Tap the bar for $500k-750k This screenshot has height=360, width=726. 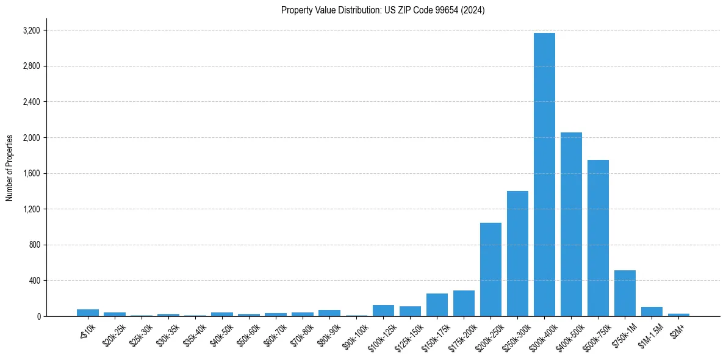point(598,238)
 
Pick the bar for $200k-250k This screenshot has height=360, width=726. point(491,269)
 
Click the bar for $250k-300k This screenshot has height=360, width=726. point(517,253)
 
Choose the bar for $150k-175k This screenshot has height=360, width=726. point(437,304)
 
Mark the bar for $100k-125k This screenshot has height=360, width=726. point(383,311)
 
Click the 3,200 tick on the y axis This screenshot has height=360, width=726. point(31,31)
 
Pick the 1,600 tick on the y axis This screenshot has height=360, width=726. point(31,173)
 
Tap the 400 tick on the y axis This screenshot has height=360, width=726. point(34,281)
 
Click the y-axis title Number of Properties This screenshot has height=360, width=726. point(10,167)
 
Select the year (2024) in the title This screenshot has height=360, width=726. point(473,10)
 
